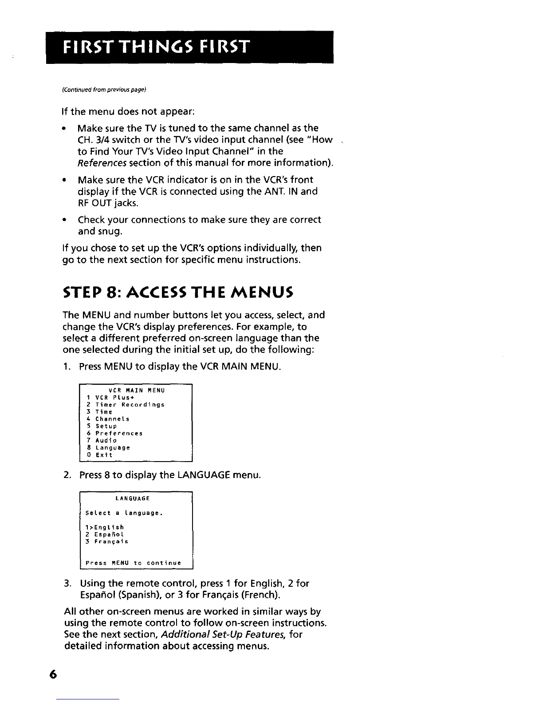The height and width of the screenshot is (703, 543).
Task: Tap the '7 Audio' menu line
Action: [102, 440]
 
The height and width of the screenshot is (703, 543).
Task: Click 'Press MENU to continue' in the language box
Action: [133, 563]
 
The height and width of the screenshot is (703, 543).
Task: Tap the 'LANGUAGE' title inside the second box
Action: [133, 498]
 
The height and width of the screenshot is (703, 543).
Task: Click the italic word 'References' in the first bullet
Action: [96, 163]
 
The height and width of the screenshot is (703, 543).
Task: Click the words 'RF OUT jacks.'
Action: [102, 203]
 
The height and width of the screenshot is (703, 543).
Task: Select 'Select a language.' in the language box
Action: [124, 513]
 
